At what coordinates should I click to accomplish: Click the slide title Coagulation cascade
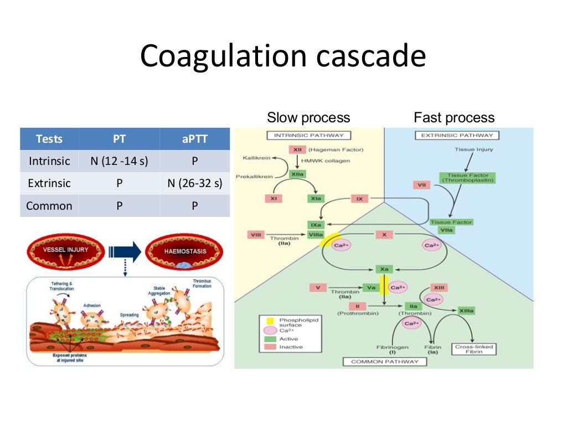283,57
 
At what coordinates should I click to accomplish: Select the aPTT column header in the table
194,139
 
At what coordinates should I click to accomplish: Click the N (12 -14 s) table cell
119,161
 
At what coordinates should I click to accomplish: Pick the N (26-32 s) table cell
194,183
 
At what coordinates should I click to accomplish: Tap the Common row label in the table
49,205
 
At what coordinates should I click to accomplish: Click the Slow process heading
308,117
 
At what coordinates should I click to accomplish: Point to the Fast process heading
454,117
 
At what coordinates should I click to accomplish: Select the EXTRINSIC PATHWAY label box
457,135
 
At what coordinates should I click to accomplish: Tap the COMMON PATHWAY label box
384,361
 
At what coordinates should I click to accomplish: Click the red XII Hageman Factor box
296,150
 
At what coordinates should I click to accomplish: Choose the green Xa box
383,269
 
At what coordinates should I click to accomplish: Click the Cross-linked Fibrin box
473,349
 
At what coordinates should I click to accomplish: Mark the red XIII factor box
440,288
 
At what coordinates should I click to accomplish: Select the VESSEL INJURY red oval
66,250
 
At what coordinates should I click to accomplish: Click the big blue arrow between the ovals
126,252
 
